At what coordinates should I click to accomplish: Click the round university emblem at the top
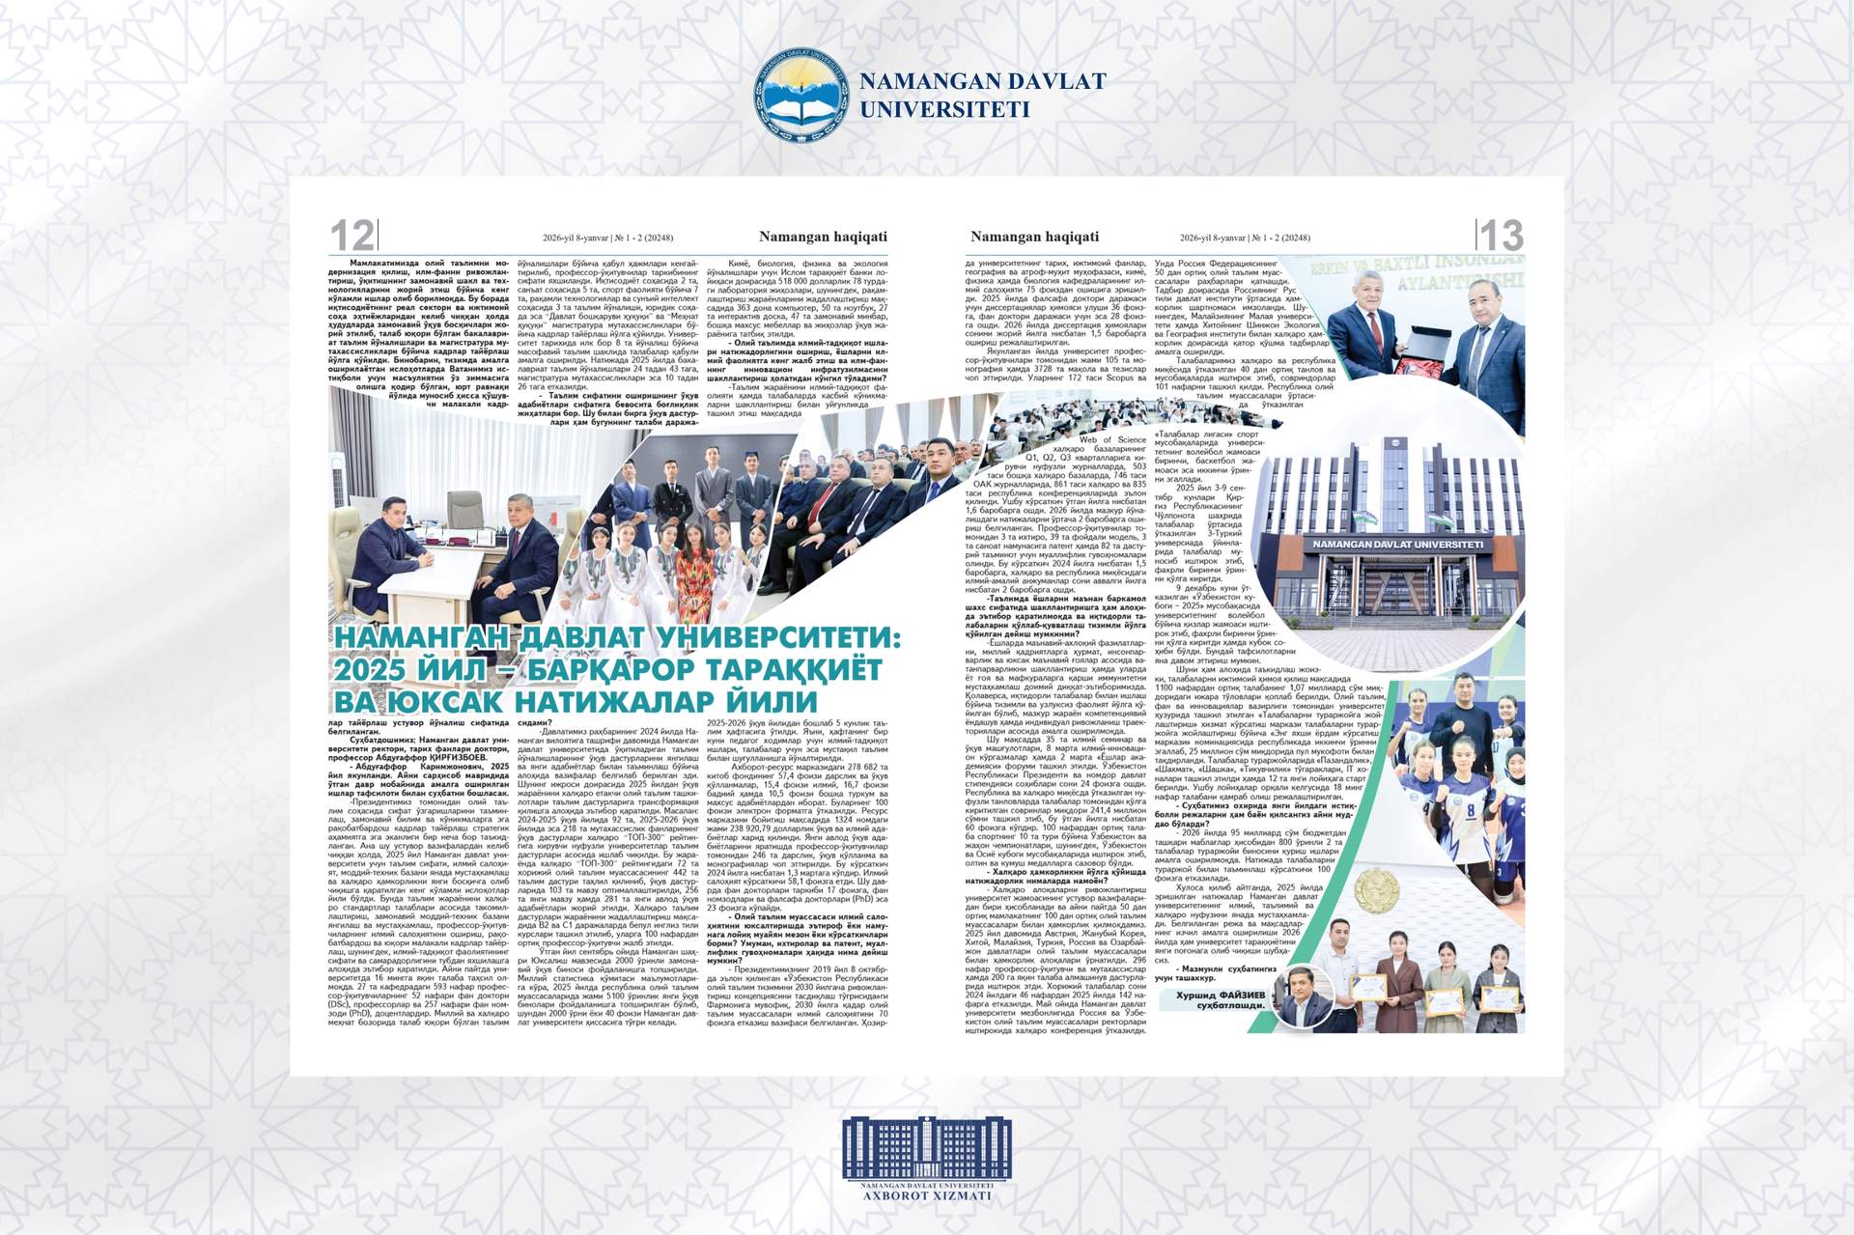coord(798,95)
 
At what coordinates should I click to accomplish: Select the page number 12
coord(351,236)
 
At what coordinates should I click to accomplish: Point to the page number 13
coord(1502,236)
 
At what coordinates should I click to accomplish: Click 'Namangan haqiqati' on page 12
coord(823,237)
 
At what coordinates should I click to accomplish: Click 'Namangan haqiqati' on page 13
coord(1034,237)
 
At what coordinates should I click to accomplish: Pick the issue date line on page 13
coord(1245,238)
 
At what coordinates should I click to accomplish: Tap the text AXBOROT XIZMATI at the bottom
coord(926,1195)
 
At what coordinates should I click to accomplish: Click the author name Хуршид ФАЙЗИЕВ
coord(1220,996)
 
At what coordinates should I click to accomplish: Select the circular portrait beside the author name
coord(1303,997)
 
